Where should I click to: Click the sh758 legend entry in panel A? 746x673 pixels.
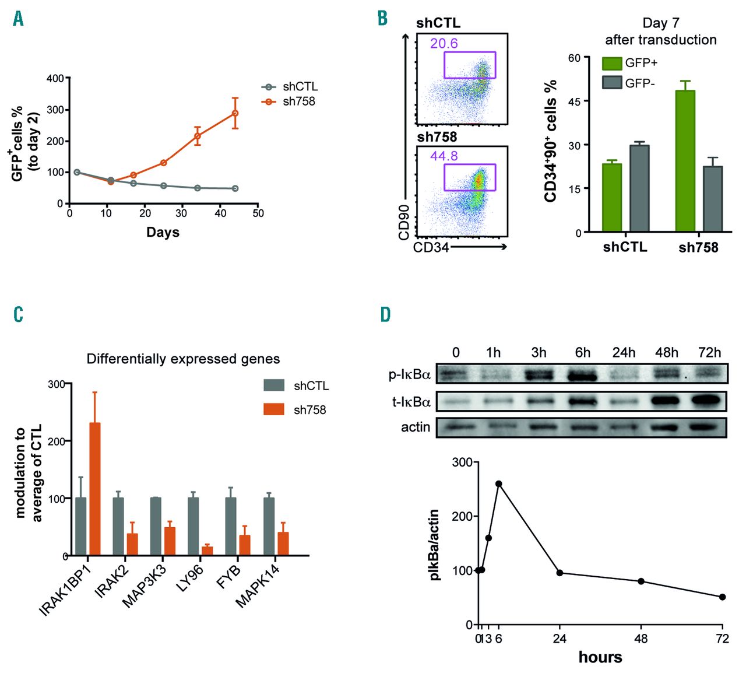pyautogui.click(x=289, y=101)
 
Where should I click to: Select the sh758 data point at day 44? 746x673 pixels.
pyautogui.click(x=235, y=113)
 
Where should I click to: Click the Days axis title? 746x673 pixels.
pyautogui.click(x=163, y=232)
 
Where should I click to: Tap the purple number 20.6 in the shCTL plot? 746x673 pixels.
pyautogui.click(x=444, y=43)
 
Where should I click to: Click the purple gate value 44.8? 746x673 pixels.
pyautogui.click(x=444, y=156)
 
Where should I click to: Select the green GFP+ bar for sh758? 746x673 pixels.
pyautogui.click(x=685, y=161)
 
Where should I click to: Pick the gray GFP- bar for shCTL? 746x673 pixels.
pyautogui.click(x=639, y=188)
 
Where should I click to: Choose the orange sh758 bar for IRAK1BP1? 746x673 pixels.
pyautogui.click(x=94, y=489)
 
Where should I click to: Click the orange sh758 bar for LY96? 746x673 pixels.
pyautogui.click(x=207, y=551)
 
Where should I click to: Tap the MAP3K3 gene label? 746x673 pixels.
pyautogui.click(x=145, y=586)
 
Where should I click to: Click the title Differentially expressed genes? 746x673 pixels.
pyautogui.click(x=183, y=359)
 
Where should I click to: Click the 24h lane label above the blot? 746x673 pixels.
pyautogui.click(x=624, y=353)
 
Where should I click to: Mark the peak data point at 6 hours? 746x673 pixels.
pyautogui.click(x=499, y=483)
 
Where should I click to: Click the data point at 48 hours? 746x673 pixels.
pyautogui.click(x=641, y=581)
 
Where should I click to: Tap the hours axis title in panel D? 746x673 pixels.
pyautogui.click(x=600, y=657)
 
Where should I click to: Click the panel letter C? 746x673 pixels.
pyautogui.click(x=19, y=315)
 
